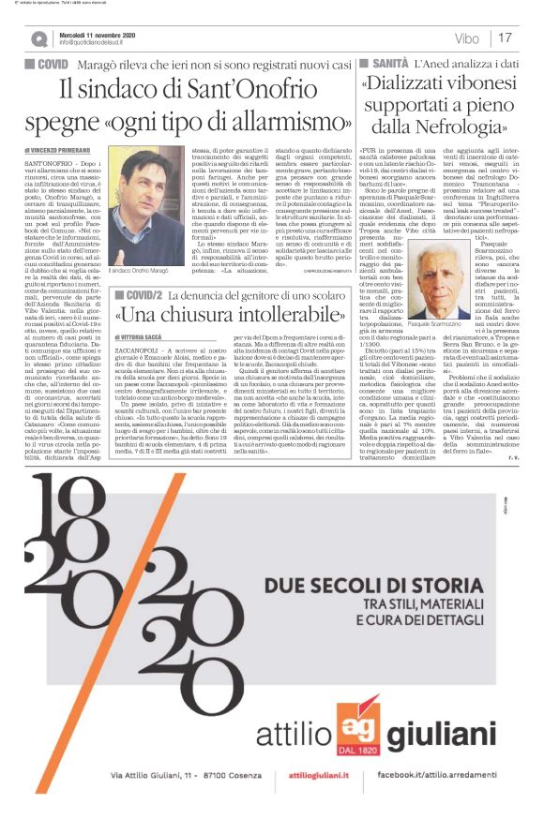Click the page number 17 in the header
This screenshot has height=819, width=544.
pos(506,37)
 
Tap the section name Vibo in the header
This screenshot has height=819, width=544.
pos(467,38)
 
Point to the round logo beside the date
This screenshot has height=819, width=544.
pos(38,38)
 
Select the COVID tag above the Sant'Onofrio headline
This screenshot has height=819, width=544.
pos(53,64)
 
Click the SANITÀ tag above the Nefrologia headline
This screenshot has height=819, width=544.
pos(382,62)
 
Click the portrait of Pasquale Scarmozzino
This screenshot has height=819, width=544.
pos(441,280)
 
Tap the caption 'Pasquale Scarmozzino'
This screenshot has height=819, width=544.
pos(441,322)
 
